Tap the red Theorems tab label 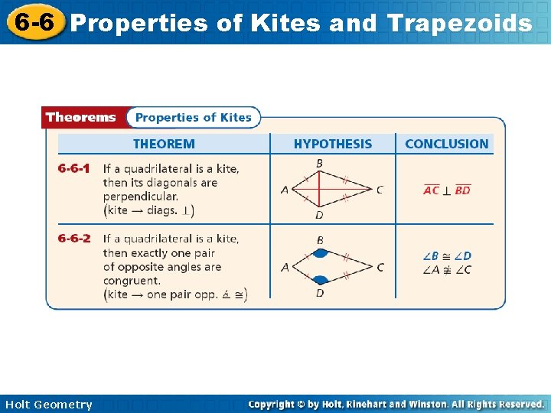(81, 117)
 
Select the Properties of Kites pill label (193, 117)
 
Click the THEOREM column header (164, 144)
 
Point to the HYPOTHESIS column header (333, 144)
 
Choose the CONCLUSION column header (446, 144)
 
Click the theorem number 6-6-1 (74, 168)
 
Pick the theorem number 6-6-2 (74, 239)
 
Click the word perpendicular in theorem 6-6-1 (140, 197)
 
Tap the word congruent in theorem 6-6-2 (131, 281)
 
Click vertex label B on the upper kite (319, 163)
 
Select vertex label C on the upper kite (380, 190)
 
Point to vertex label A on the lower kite (285, 267)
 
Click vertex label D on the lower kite (319, 293)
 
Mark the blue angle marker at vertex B (321, 252)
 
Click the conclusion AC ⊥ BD (447, 190)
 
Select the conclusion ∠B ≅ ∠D (447, 255)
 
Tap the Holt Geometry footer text (47, 405)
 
